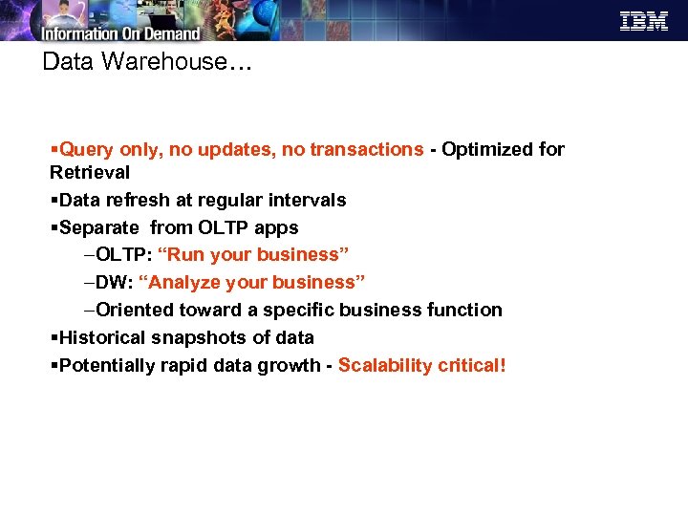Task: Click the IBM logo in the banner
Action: point(644,21)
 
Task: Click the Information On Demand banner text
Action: point(120,33)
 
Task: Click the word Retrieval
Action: point(90,173)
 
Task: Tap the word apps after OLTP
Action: point(277,228)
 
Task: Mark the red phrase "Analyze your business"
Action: point(252,283)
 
